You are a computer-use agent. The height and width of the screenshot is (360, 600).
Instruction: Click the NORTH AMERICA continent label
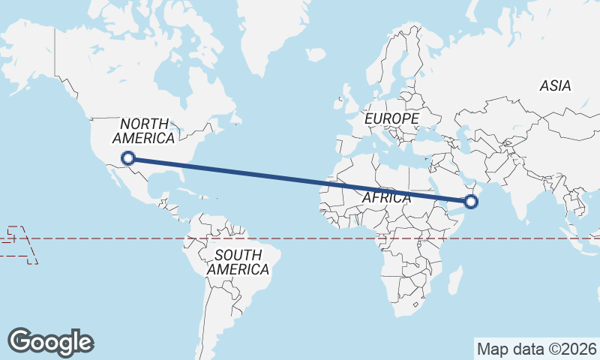(x=144, y=130)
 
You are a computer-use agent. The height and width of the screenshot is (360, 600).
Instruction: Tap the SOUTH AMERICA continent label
(x=238, y=262)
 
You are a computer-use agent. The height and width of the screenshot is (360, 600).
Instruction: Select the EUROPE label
(x=391, y=118)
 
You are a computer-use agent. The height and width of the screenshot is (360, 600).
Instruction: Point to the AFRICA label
(x=386, y=198)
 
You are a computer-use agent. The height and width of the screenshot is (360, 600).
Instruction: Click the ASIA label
(x=555, y=85)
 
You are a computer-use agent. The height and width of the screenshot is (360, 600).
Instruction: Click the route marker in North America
(x=128, y=157)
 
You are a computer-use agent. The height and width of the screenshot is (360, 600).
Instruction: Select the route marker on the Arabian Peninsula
(x=471, y=201)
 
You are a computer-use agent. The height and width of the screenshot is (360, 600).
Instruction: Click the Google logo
(x=50, y=341)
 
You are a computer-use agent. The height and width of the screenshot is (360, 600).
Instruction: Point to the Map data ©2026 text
(x=536, y=349)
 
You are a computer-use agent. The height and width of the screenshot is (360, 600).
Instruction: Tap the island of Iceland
(x=316, y=55)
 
